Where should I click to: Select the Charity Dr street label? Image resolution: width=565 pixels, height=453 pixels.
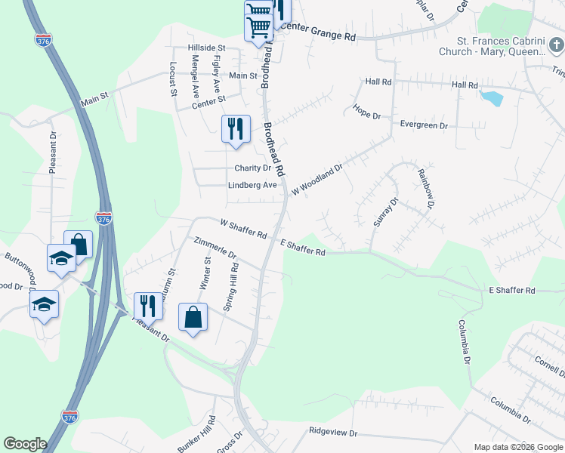252,168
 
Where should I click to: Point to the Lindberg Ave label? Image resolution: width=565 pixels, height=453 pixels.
252,185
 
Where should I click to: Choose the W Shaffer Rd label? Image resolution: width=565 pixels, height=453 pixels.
243,229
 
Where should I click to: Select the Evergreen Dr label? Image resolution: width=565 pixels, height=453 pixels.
424,125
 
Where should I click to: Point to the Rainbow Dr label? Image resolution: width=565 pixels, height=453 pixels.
427,189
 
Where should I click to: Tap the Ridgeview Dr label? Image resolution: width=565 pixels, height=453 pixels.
332,432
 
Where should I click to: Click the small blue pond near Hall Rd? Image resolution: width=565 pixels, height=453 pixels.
491,98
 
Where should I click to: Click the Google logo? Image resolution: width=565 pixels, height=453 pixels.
25,444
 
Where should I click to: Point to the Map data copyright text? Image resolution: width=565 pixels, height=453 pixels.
517,447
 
